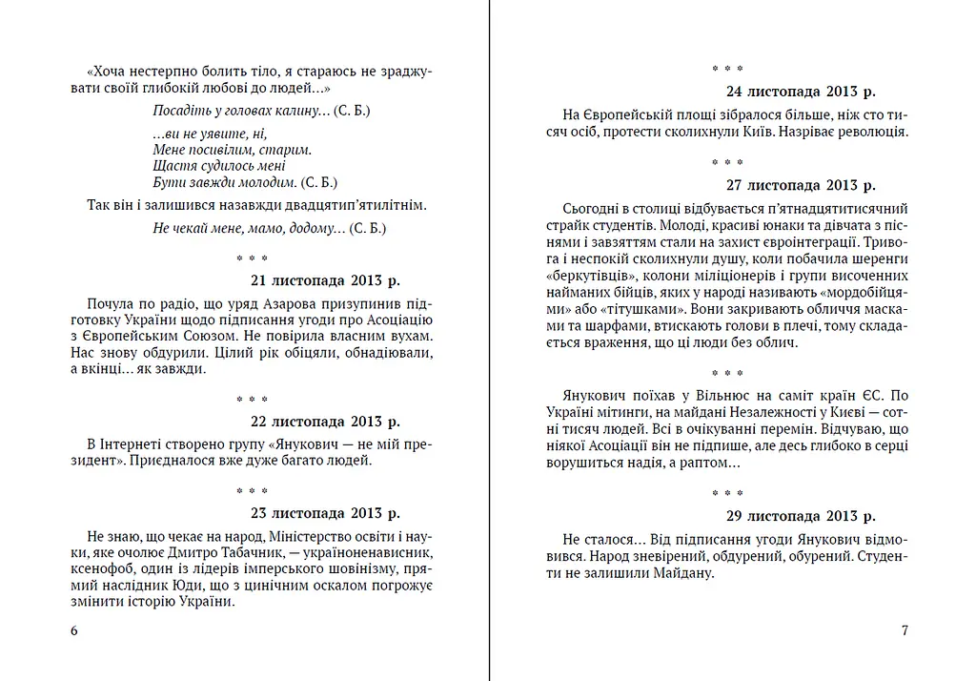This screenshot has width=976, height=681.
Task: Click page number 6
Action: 74,630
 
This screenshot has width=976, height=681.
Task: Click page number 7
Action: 905,630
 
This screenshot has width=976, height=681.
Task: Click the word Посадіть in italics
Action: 180,111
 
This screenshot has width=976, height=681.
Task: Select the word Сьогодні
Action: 592,208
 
